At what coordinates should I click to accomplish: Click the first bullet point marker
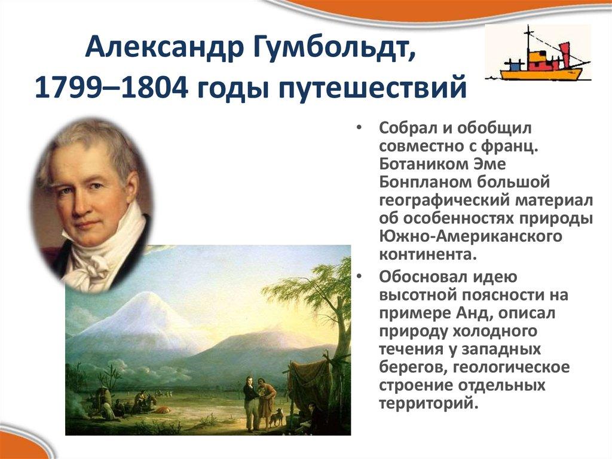point(359,128)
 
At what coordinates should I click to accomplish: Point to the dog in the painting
point(276,417)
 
